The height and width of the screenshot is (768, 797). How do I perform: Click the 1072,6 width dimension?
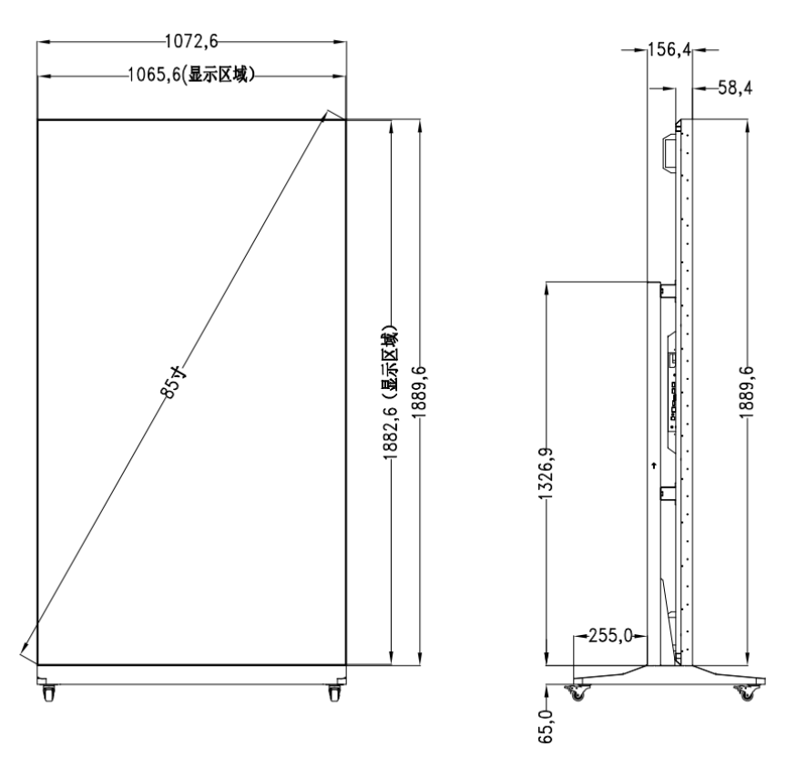point(190,39)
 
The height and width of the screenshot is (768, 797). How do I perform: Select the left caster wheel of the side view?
point(577,694)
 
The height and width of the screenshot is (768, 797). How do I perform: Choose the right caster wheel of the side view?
point(746,694)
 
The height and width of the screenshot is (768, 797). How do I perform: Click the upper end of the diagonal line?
point(328,115)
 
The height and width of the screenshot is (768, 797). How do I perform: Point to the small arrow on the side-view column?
point(654,465)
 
